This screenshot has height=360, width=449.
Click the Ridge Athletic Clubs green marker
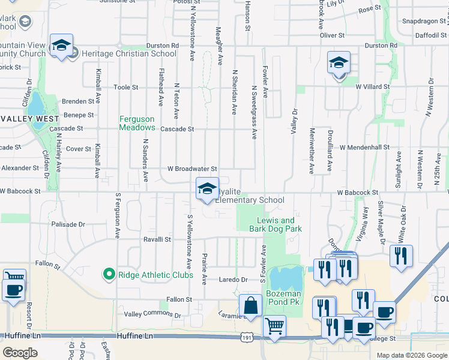(109, 275)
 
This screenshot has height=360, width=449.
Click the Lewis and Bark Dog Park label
(276, 224)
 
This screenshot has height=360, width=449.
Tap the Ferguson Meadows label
(137, 123)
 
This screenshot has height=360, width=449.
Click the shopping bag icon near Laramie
(251, 305)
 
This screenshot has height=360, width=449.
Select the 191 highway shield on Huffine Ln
(246, 338)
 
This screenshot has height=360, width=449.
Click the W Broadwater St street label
(192, 170)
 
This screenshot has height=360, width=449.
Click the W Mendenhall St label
(364, 147)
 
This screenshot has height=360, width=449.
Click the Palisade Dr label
(68, 224)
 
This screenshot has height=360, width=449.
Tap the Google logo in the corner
(20, 353)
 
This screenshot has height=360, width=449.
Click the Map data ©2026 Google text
(411, 355)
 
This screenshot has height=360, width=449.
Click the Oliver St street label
(332, 35)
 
